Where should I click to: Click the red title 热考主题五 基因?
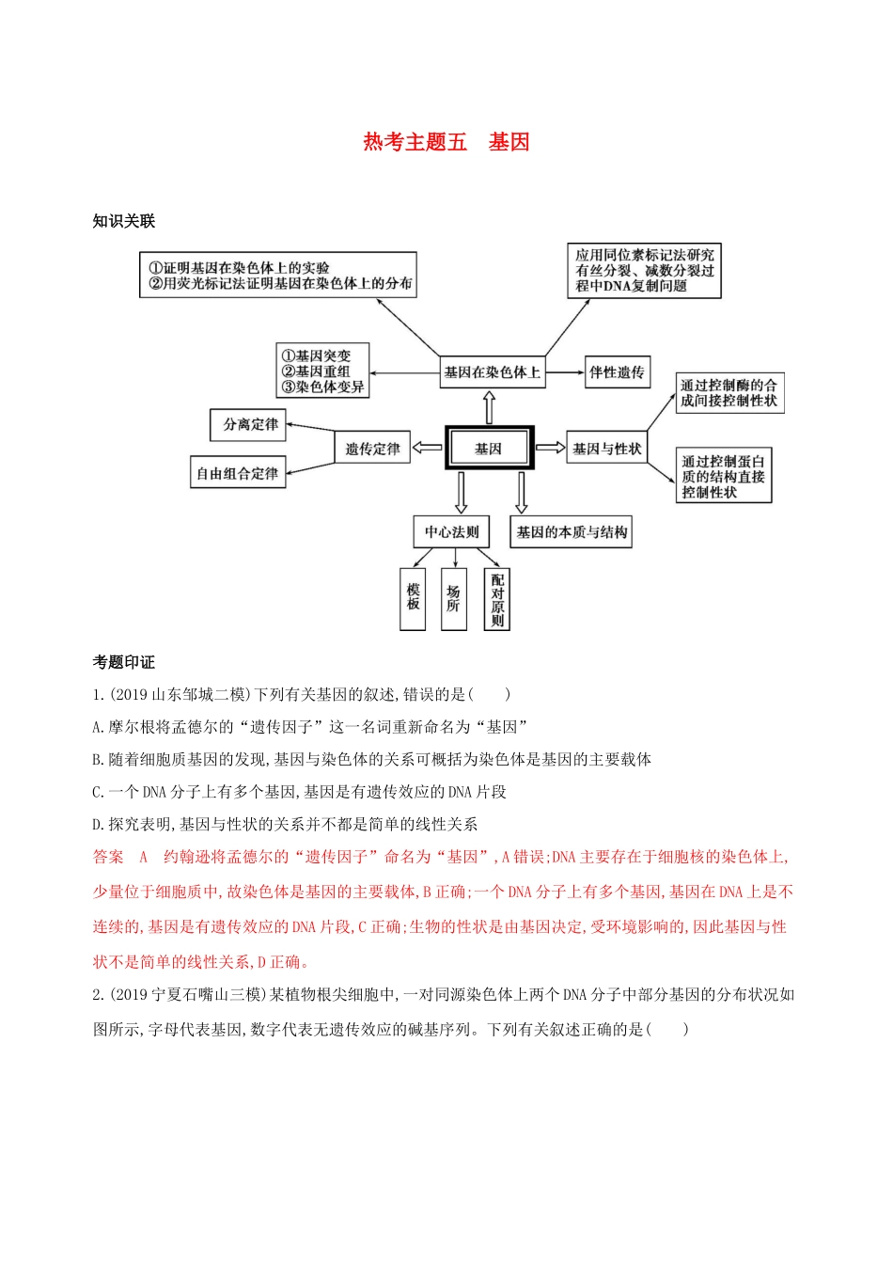446,142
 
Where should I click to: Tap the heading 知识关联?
123,221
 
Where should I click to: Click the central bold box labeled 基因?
489,449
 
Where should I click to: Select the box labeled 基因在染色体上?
492,372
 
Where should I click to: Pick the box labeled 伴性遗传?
617,372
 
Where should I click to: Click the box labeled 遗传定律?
372,449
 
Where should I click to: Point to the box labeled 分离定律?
248,425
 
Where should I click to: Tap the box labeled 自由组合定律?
238,473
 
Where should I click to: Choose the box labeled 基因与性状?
606,449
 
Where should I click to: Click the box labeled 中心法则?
451,531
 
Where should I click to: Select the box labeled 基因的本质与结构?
571,531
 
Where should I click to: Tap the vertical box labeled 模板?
413,598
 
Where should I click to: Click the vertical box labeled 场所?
453,598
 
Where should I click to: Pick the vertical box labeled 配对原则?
496,599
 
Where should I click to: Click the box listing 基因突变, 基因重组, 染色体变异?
322,371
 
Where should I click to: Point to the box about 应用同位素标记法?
644,271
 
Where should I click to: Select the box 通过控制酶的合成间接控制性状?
728,393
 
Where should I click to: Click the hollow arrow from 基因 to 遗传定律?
428,449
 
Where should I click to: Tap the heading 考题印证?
123,662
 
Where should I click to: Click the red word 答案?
108,857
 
